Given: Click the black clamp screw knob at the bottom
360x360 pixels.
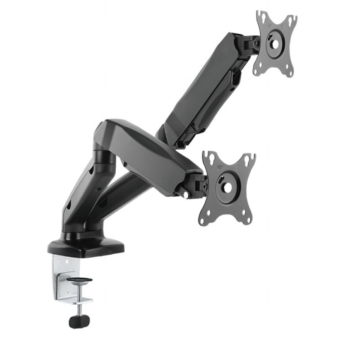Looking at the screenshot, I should pos(79,321).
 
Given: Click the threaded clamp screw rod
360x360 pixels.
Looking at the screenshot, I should pos(80,306).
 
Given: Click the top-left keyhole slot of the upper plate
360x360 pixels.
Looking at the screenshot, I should pos(260,17).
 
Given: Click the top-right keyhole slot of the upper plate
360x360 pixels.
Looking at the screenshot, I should pos(291,21).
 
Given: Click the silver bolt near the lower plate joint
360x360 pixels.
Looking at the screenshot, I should pos(185,195).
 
